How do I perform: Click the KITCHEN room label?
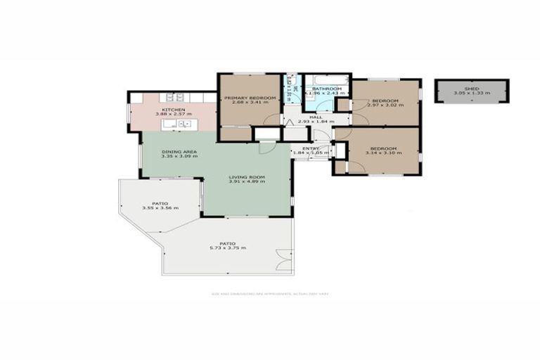(173, 110)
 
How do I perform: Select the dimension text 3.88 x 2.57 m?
(173, 115)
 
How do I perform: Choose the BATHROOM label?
(327, 89)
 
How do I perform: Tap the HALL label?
(316, 117)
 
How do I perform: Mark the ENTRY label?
(311, 148)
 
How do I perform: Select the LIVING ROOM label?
(246, 177)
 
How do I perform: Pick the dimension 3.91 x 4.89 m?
(246, 182)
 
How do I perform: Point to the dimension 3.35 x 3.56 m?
(160, 208)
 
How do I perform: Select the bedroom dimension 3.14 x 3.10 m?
(383, 153)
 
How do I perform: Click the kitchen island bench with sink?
(180, 124)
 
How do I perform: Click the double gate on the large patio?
(285, 260)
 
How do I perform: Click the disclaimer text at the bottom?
(270, 293)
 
